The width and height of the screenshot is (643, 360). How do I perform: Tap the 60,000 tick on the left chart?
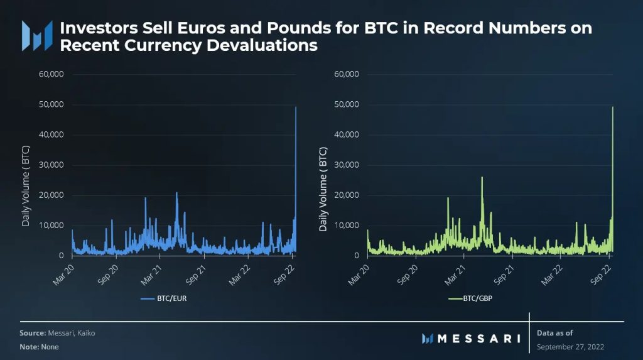pos(52,74)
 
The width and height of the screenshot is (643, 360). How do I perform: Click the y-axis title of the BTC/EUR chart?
pos(26,188)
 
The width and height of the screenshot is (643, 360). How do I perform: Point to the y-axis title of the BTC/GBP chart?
pos(323,188)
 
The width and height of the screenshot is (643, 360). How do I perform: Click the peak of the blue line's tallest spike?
pos(296,107)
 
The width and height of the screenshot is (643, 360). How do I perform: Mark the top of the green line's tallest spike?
pos(612,107)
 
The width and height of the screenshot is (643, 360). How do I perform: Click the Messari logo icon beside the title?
pos(36,36)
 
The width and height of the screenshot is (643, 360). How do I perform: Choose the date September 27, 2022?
pos(570,346)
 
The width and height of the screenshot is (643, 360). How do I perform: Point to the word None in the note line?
pos(50,347)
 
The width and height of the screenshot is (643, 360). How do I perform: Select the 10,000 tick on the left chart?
pos(52,225)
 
